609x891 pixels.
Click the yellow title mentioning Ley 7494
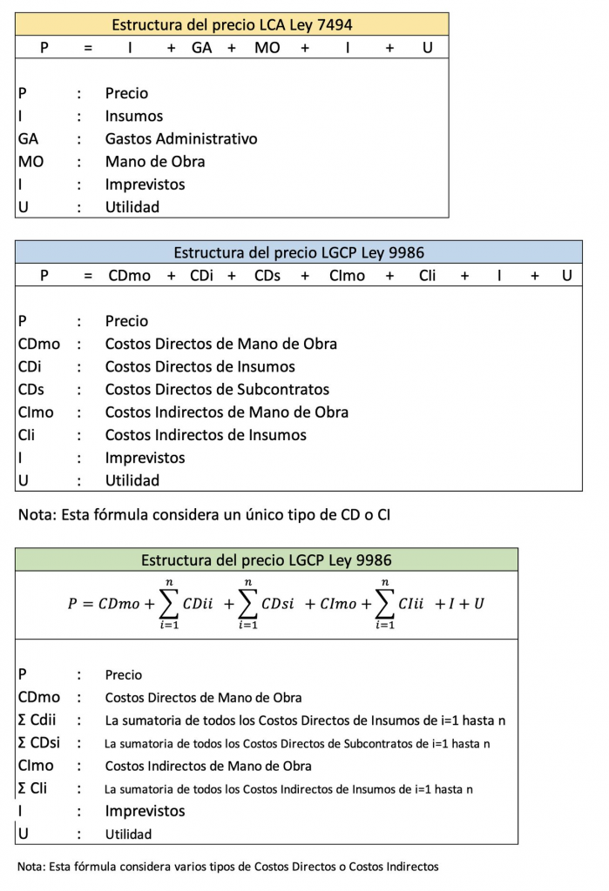click(x=232, y=24)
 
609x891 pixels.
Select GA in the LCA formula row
click(x=202, y=48)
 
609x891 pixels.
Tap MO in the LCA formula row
click(x=267, y=48)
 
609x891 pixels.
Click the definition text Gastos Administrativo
click(x=181, y=138)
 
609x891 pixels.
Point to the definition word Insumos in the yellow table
click(x=134, y=116)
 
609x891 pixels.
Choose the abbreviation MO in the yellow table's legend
click(x=30, y=161)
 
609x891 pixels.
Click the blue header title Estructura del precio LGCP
click(x=299, y=253)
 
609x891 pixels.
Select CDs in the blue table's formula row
click(x=267, y=276)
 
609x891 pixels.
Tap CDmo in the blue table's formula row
click(x=130, y=276)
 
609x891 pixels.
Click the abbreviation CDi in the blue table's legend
click(x=30, y=366)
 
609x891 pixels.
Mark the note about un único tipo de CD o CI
click(x=205, y=514)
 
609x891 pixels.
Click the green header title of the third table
click(x=267, y=559)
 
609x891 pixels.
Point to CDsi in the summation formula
click(x=278, y=603)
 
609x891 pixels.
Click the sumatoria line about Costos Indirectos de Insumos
click(x=288, y=789)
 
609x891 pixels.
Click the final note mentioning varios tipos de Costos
click(x=228, y=867)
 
